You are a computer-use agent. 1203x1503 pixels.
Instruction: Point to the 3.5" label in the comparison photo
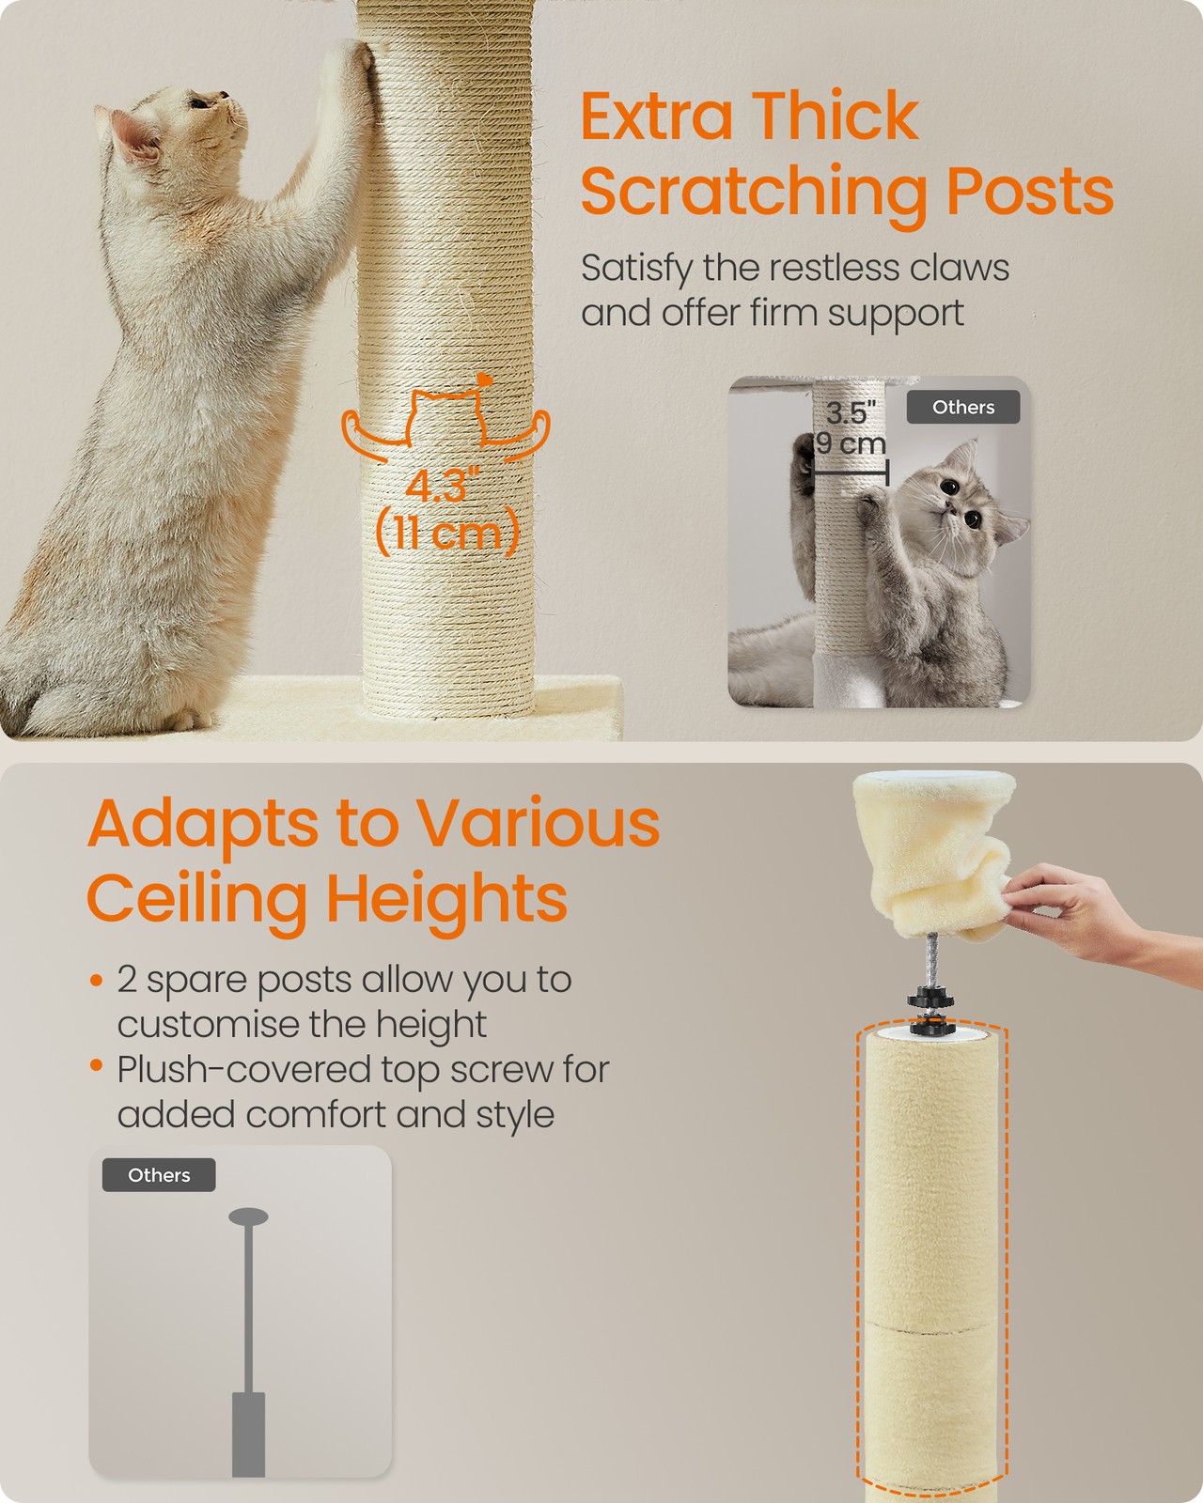851,412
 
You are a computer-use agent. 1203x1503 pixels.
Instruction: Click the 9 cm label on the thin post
851,442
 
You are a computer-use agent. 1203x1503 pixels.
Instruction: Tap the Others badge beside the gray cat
963,407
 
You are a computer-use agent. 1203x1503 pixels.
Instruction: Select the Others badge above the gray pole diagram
159,1175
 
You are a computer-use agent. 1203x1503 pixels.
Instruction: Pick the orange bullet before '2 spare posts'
97,980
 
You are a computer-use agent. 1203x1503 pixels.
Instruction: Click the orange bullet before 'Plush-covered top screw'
97,1066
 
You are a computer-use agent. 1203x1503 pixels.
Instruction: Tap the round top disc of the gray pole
248,1217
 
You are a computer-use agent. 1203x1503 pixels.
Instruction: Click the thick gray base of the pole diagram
248,1434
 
